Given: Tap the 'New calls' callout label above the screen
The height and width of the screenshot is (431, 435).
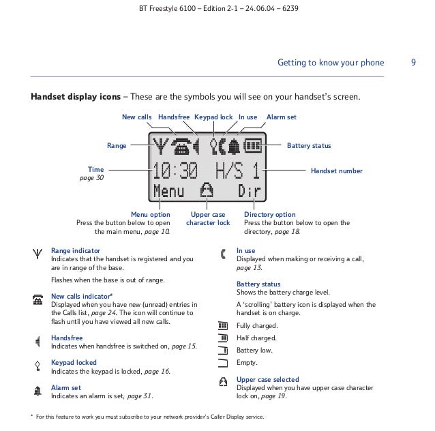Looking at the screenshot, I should [x=136, y=117].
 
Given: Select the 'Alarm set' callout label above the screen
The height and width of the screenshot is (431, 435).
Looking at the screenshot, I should [x=281, y=117].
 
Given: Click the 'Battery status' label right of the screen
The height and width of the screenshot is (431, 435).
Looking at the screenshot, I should [x=309, y=145].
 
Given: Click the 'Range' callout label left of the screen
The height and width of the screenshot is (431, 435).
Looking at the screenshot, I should [x=117, y=145].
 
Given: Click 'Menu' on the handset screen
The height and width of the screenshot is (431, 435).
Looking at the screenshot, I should [x=168, y=192].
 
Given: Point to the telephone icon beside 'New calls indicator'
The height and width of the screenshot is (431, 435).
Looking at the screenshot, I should [x=35, y=301].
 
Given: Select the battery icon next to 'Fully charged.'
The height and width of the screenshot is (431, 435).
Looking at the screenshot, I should [x=222, y=325].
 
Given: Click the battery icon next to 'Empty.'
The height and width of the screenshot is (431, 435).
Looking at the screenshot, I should [x=222, y=362].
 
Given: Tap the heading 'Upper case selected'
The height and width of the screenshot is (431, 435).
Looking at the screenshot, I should [x=267, y=379].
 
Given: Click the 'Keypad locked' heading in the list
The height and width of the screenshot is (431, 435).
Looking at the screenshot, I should [x=74, y=362].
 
